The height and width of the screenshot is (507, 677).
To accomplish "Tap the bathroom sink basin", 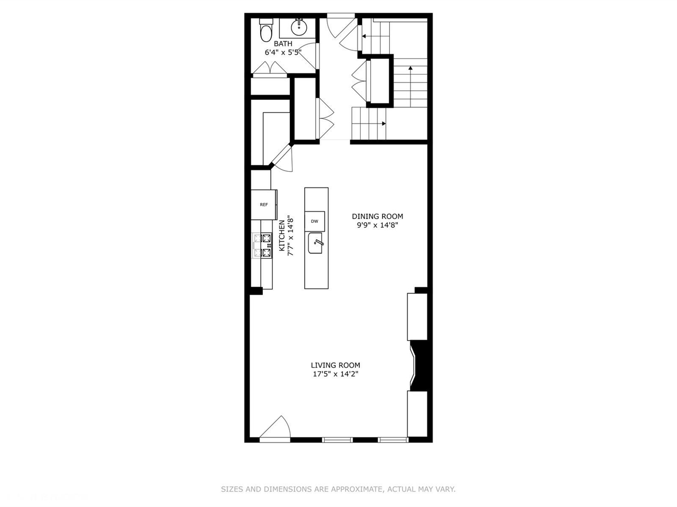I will pos(299,27).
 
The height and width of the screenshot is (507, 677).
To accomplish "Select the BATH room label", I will pos(283,43).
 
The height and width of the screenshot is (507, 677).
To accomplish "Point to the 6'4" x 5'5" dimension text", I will pos(283,52).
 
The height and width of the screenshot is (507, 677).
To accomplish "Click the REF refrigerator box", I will pos(263,204).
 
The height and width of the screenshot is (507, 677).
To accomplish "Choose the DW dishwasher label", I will pos(314,221).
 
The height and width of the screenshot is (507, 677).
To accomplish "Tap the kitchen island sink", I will pos(315,243).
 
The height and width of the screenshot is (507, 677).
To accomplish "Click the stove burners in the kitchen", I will pos(263,246).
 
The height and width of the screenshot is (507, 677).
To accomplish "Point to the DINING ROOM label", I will pos(378,216).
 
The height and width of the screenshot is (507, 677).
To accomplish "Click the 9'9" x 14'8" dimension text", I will pos(378,225).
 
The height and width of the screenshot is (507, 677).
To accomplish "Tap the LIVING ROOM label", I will pos(335,365).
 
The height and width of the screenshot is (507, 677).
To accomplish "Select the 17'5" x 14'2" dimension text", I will pos(335,374).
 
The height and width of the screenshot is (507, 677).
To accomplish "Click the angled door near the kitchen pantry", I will pos(282,157).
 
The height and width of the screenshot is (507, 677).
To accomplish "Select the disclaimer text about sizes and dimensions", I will pos(338,490).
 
